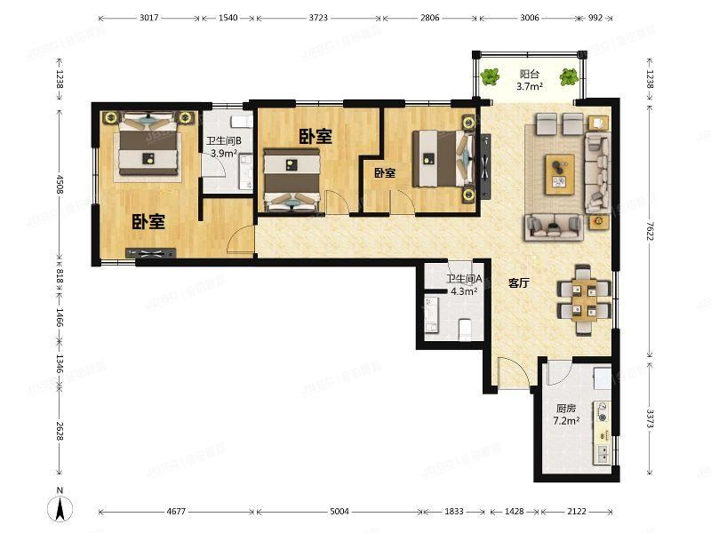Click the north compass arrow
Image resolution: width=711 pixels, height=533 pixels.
60,508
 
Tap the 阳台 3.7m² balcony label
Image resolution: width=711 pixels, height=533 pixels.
529,80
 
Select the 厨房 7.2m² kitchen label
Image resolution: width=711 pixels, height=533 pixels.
566,414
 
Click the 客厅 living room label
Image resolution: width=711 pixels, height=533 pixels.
519,283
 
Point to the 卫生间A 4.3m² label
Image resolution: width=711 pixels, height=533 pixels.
464,285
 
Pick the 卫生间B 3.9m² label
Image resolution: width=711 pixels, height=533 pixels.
224,147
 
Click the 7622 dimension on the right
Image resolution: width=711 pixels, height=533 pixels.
650,231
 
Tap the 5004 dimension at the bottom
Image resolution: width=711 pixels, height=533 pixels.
340,512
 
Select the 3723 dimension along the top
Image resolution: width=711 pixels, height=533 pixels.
318,18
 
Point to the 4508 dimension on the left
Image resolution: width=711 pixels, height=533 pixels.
60,183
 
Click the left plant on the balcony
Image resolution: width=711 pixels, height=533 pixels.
491,76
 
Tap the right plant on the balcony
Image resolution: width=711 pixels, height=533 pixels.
569,76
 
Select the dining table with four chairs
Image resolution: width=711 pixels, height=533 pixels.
584,299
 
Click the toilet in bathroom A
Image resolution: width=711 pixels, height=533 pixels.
465,330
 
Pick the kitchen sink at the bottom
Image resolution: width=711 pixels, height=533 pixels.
603,453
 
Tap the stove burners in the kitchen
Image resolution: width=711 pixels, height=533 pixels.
603,411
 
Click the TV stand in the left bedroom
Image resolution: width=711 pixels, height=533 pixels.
150,253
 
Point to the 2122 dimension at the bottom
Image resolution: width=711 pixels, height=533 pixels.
576,512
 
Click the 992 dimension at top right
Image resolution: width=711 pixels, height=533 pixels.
595,18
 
